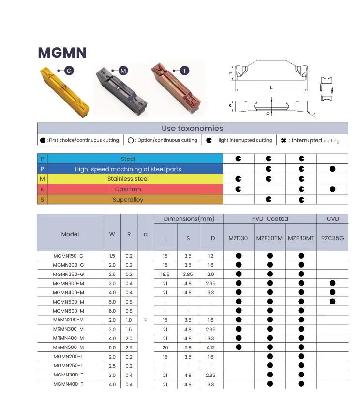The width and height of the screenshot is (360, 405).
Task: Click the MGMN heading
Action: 62,52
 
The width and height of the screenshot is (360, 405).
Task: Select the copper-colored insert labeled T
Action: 174,91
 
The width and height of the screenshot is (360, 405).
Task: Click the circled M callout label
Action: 123,71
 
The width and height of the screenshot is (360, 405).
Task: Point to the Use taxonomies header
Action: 193,129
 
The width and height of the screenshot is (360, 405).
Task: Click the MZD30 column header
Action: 238,238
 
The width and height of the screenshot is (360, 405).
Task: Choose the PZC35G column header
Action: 332,238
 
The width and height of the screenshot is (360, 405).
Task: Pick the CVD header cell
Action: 332,219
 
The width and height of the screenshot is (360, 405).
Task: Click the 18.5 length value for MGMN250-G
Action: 165,274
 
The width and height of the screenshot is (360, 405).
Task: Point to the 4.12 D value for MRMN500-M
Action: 210,347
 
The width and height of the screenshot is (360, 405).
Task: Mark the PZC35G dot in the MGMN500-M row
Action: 332,302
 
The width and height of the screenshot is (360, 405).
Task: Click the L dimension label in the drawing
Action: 271,87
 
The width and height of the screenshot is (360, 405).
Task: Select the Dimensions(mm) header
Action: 189,219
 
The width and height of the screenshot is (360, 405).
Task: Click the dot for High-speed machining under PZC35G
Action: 332,169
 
